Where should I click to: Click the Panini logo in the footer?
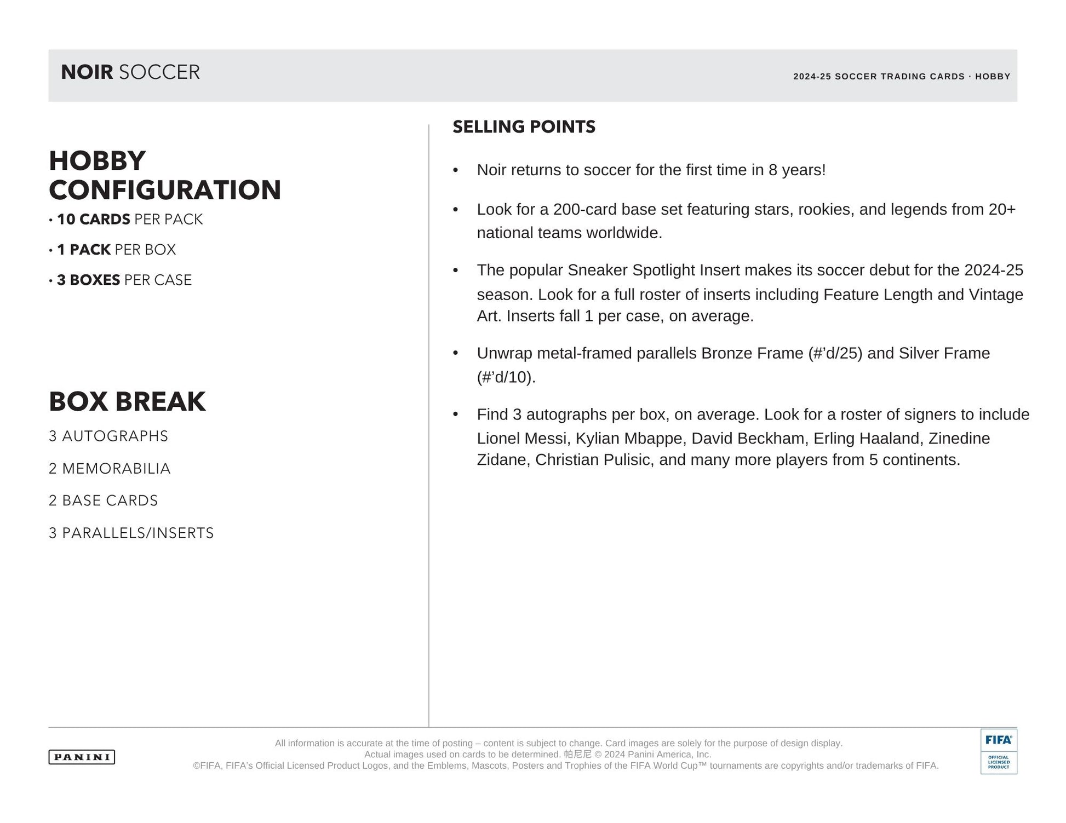(x=82, y=757)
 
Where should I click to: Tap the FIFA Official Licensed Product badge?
(x=998, y=751)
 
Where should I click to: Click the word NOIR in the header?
(x=87, y=72)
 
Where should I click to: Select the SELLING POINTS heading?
(x=524, y=127)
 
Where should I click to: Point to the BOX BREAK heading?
(x=127, y=401)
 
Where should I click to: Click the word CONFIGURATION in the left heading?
(x=165, y=190)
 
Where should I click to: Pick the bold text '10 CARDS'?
(x=93, y=220)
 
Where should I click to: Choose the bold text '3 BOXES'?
(x=88, y=280)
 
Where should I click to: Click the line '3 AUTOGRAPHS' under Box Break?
(x=108, y=436)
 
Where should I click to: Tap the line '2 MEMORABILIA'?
(x=110, y=469)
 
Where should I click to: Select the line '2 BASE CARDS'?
(x=103, y=500)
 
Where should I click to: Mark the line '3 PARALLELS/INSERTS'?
(x=131, y=533)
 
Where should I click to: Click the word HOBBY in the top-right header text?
(x=993, y=77)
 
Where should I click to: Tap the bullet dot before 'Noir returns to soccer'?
(x=455, y=170)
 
